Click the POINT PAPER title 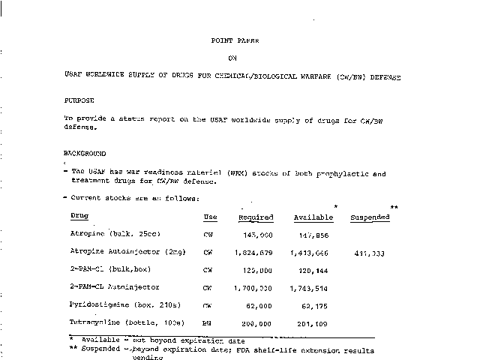pyautogui.click(x=238, y=42)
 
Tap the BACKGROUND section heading pyautogui.click(x=84, y=153)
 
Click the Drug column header pyautogui.click(x=79, y=216)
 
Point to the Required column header pyautogui.click(x=256, y=217)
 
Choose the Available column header pyautogui.click(x=313, y=217)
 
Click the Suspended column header pyautogui.click(x=370, y=217)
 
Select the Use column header pyautogui.click(x=211, y=217)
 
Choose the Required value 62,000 pyautogui.click(x=262, y=306)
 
